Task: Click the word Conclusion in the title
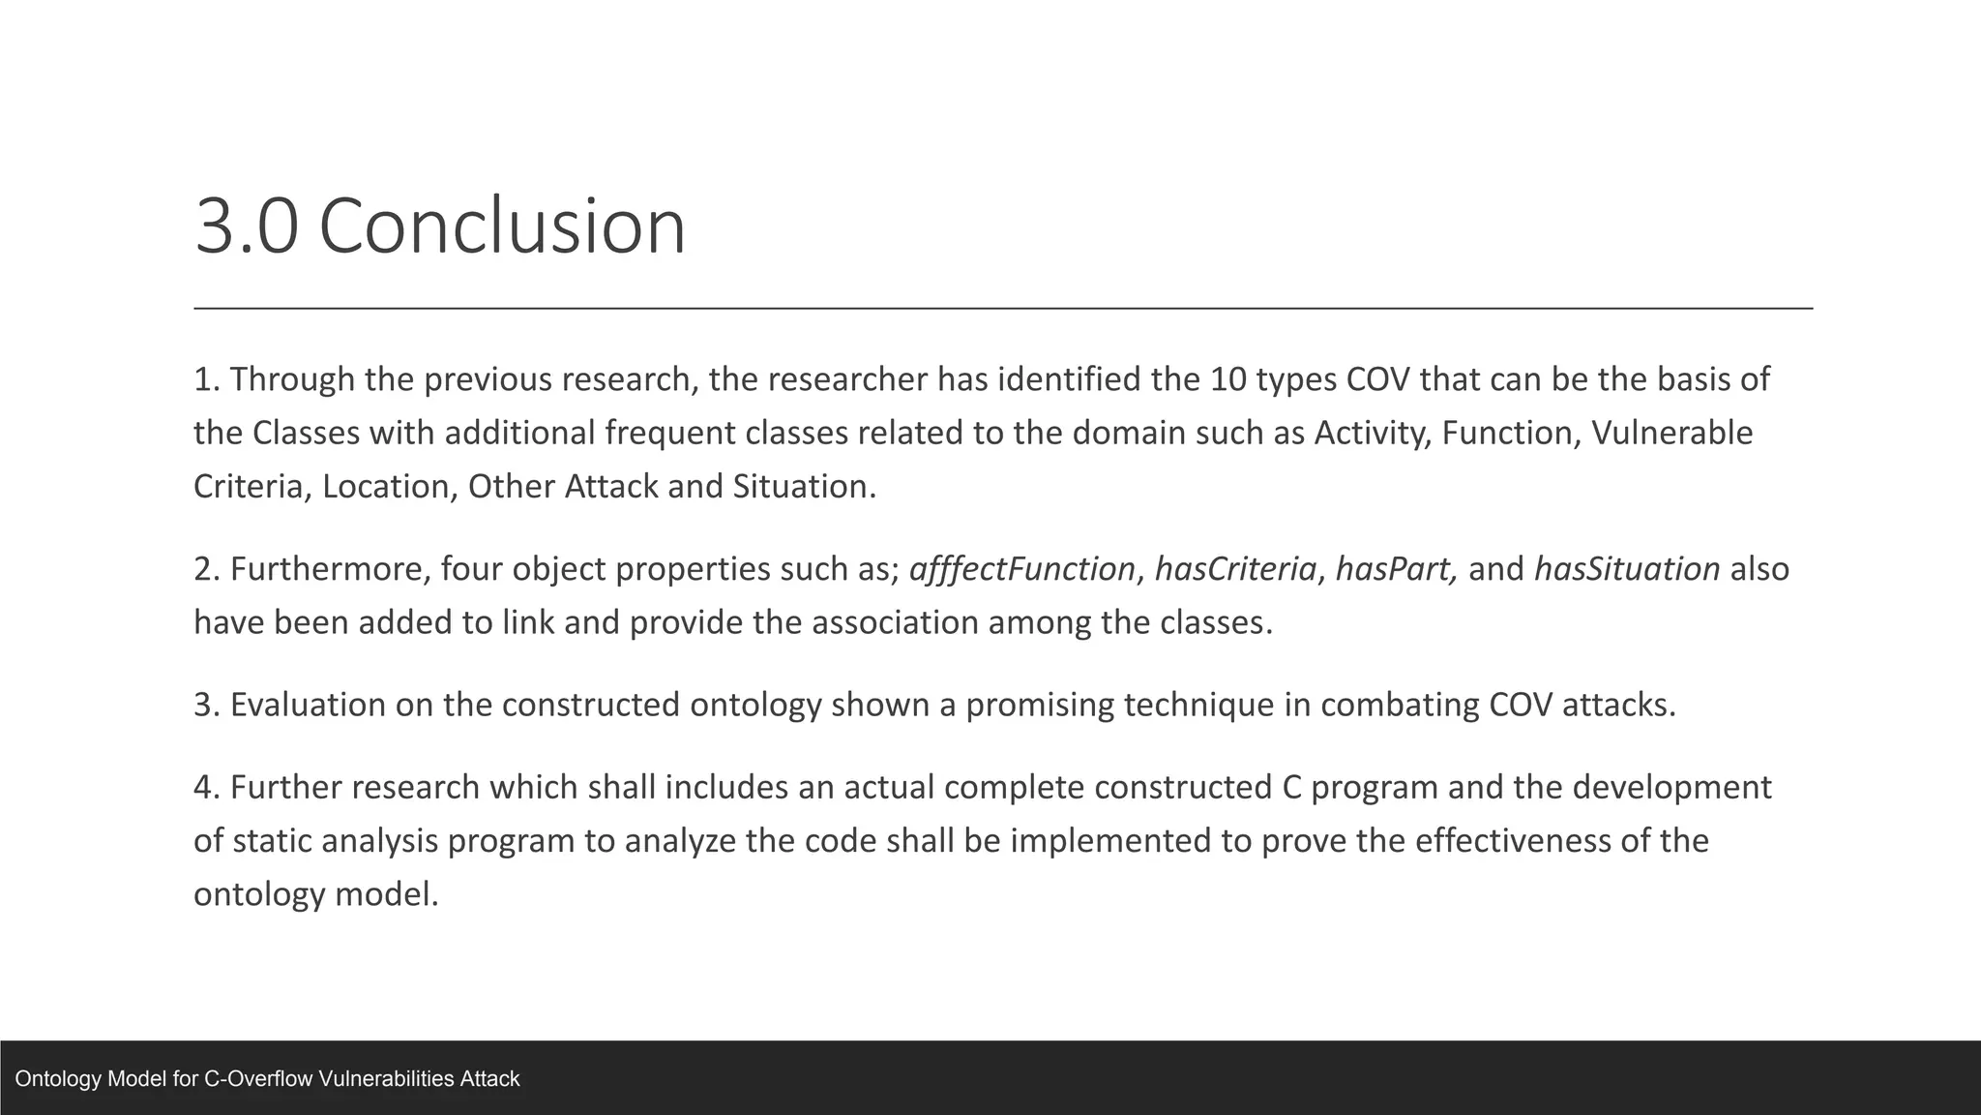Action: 502,226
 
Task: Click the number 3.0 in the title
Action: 246,226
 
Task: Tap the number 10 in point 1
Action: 1228,379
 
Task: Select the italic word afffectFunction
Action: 1021,569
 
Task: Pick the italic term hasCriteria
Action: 1235,569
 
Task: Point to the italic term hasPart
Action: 1395,569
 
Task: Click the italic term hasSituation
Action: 1627,569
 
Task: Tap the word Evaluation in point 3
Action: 308,705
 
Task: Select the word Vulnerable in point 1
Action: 1671,433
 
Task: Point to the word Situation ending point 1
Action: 803,486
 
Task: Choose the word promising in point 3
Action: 1040,705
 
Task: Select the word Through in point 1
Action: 292,379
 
